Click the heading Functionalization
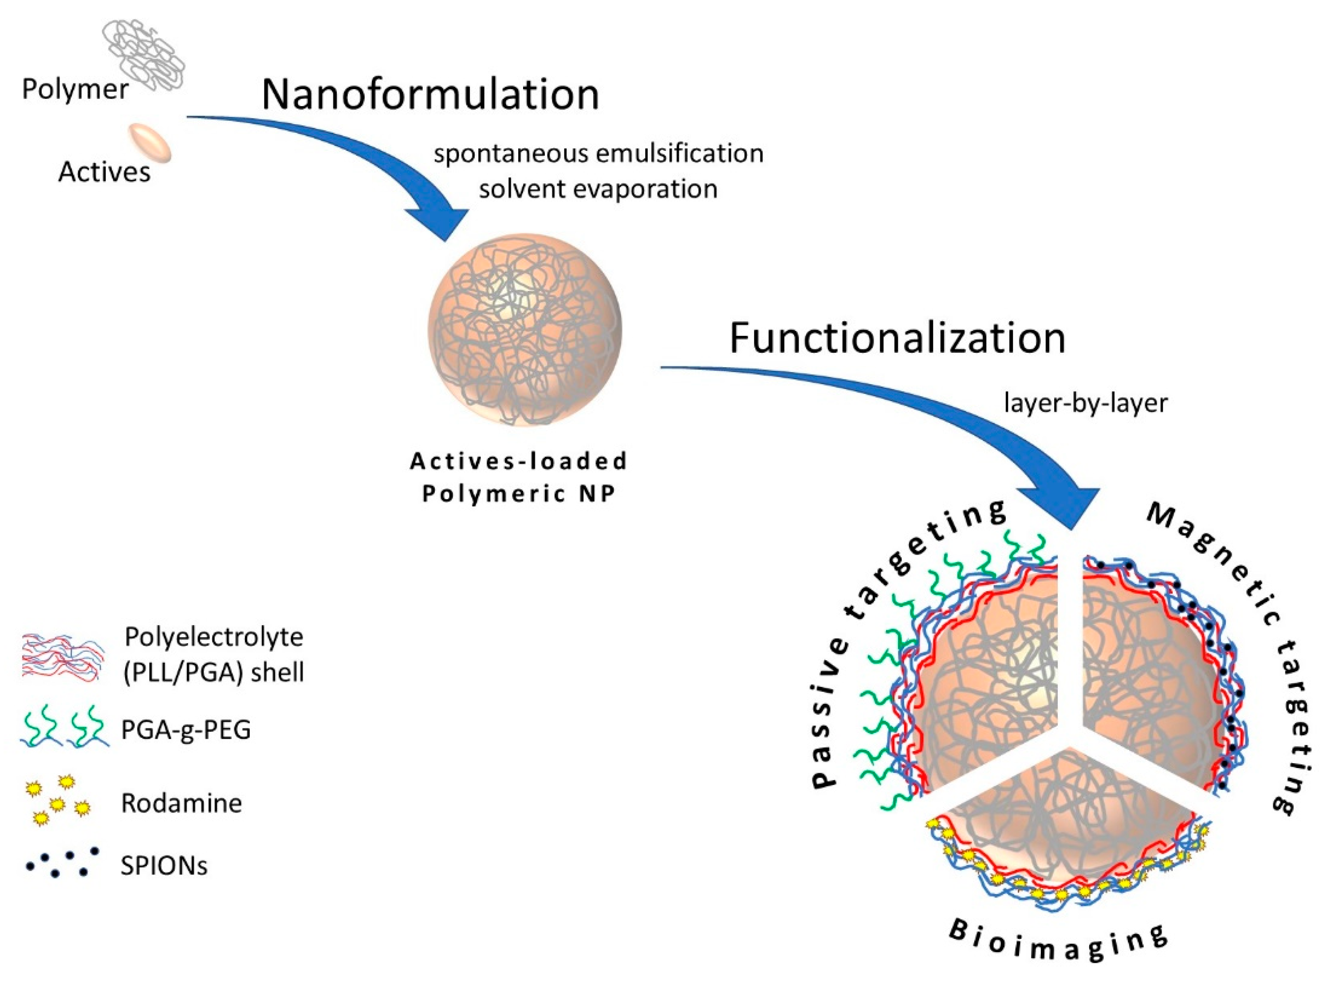(897, 339)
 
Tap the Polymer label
(75, 90)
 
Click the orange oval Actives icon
(151, 142)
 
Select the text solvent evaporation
(598, 189)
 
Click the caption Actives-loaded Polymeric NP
(518, 477)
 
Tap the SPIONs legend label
(164, 866)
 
